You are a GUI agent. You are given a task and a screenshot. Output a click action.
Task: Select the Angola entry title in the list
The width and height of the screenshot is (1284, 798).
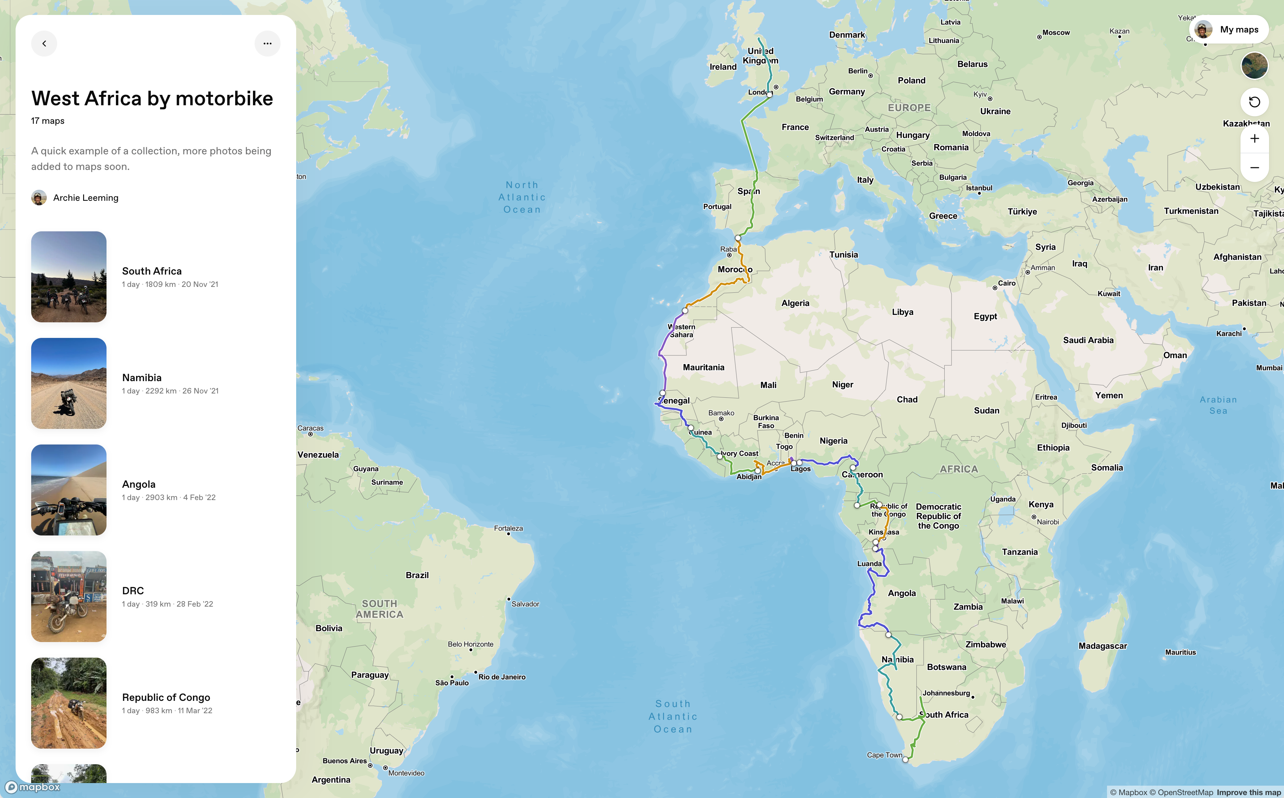click(x=139, y=484)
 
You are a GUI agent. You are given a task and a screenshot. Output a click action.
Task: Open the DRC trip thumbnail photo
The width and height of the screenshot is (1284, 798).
click(x=69, y=597)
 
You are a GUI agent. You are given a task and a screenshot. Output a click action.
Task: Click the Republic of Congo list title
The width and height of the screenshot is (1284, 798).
click(x=166, y=697)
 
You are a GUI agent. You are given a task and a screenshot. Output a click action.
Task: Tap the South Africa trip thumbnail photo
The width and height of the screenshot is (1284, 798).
click(x=69, y=277)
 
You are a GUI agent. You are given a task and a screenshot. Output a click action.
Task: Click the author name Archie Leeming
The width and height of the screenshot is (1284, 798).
click(x=85, y=198)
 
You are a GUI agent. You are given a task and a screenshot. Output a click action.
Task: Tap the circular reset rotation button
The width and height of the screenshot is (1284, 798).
click(x=1254, y=102)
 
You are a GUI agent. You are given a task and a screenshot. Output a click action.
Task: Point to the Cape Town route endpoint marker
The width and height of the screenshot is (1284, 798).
click(x=905, y=759)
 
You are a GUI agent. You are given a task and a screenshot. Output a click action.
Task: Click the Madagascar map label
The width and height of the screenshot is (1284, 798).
click(x=1102, y=646)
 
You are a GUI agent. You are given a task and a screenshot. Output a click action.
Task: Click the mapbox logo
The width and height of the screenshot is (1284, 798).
click(x=33, y=787)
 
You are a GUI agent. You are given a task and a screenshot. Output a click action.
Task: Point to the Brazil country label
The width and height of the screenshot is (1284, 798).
click(x=417, y=575)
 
